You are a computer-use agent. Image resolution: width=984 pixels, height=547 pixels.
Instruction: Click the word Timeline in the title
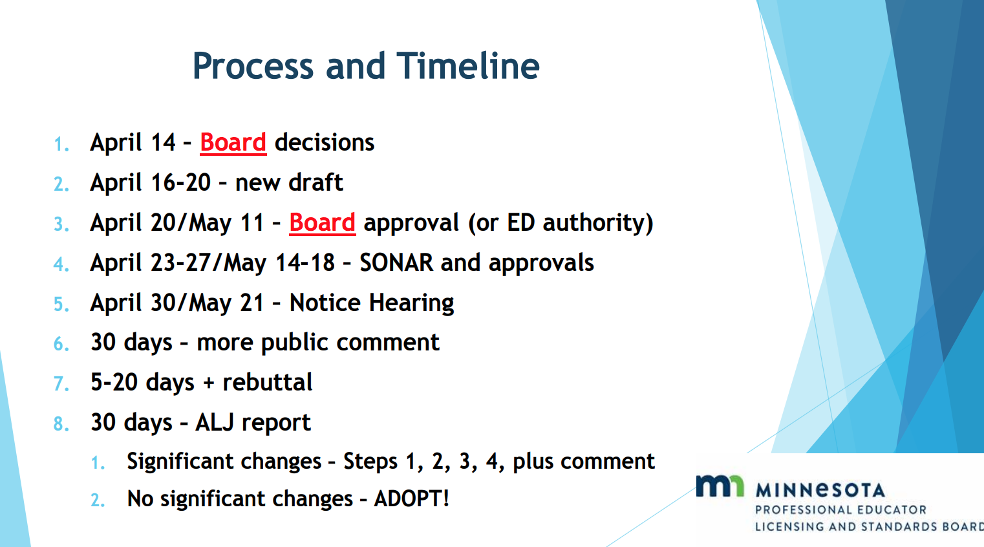pyautogui.click(x=468, y=66)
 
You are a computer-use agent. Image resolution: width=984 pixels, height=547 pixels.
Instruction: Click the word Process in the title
pyautogui.click(x=253, y=67)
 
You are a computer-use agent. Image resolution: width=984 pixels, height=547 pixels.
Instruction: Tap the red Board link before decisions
pyautogui.click(x=233, y=142)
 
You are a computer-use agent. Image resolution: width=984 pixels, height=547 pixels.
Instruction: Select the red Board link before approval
pyautogui.click(x=323, y=222)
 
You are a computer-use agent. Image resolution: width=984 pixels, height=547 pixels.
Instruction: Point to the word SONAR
pyautogui.click(x=396, y=263)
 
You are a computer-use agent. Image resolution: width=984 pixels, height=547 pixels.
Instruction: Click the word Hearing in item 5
pyautogui.click(x=411, y=303)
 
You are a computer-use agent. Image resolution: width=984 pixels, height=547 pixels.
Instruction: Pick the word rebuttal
pyautogui.click(x=268, y=382)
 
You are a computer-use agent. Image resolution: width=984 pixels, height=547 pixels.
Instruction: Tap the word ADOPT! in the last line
pyautogui.click(x=412, y=499)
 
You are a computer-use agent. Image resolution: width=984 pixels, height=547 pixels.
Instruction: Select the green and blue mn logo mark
pyautogui.click(x=720, y=486)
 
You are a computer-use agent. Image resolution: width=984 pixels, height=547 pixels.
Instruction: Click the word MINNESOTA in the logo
pyautogui.click(x=820, y=490)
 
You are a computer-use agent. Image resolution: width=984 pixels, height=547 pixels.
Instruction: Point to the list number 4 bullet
pyautogui.click(x=61, y=264)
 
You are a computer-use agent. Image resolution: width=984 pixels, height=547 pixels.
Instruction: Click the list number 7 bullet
pyautogui.click(x=61, y=383)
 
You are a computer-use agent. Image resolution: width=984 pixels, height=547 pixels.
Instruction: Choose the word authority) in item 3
pyautogui.click(x=598, y=223)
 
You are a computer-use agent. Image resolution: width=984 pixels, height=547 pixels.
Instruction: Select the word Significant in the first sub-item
pyautogui.click(x=180, y=461)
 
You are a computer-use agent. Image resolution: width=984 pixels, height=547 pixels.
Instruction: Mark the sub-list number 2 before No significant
pyautogui.click(x=98, y=500)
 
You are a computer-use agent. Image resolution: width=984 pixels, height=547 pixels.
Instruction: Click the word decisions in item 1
pyautogui.click(x=324, y=142)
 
